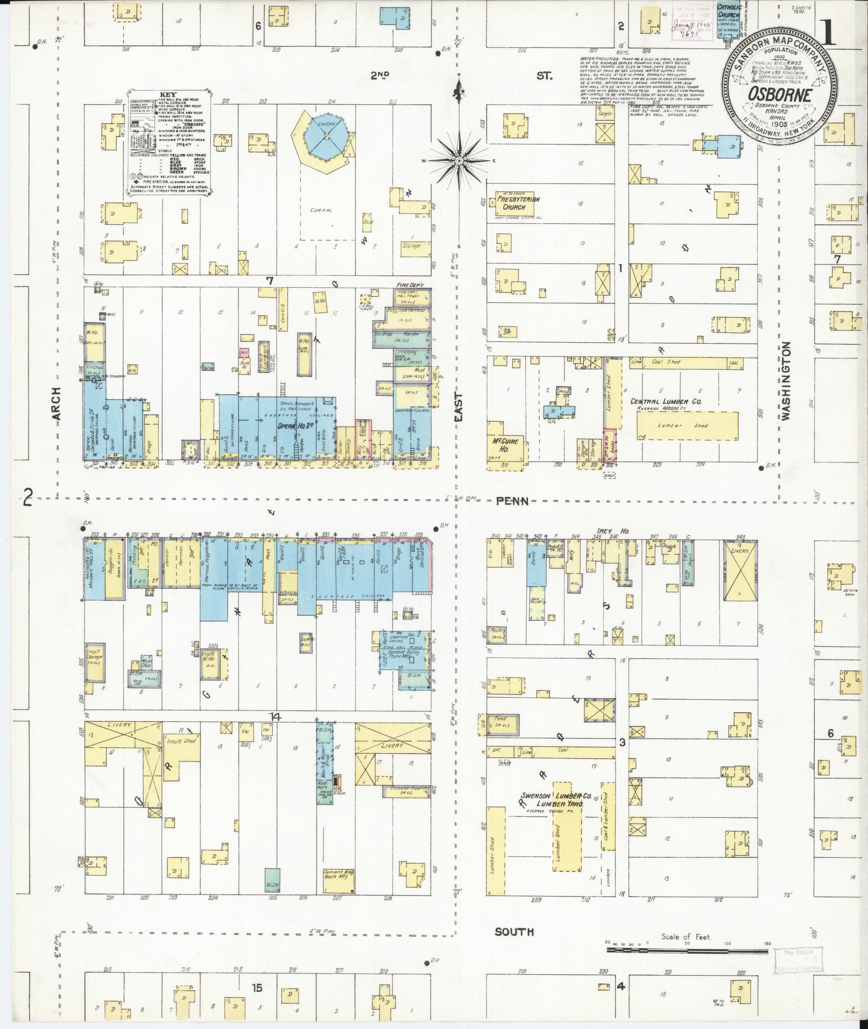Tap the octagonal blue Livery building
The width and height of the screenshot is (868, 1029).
[326, 137]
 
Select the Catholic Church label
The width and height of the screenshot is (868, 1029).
[729, 12]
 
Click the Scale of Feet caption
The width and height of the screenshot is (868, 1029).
[686, 936]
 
